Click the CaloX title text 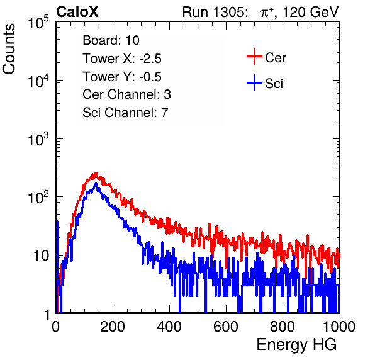[77, 12]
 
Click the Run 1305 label [215, 12]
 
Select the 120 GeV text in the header [310, 12]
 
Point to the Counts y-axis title [9, 49]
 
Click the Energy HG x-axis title [296, 345]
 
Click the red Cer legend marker [254, 57]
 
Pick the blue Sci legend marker [254, 82]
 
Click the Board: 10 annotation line [111, 40]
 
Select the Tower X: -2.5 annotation [122, 59]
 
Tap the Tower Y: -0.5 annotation [122, 77]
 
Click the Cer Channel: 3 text [126, 94]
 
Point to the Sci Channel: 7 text [125, 113]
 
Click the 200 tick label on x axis [113, 327]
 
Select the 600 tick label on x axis [226, 327]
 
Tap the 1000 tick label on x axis [339, 327]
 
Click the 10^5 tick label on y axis [38, 23]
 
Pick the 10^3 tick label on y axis [38, 140]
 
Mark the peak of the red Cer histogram [96, 172]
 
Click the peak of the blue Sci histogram [96, 183]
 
